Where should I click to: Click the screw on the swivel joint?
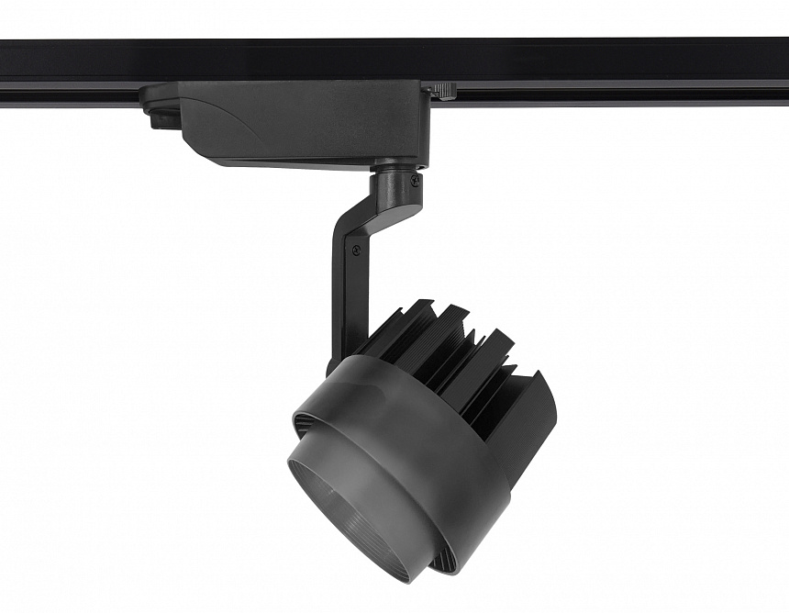click(x=416, y=182)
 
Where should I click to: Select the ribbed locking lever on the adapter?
click(x=444, y=90)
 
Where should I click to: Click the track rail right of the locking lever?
click(x=624, y=73)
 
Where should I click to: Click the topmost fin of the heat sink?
click(x=413, y=312)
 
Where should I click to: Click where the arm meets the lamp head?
click(x=336, y=362)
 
